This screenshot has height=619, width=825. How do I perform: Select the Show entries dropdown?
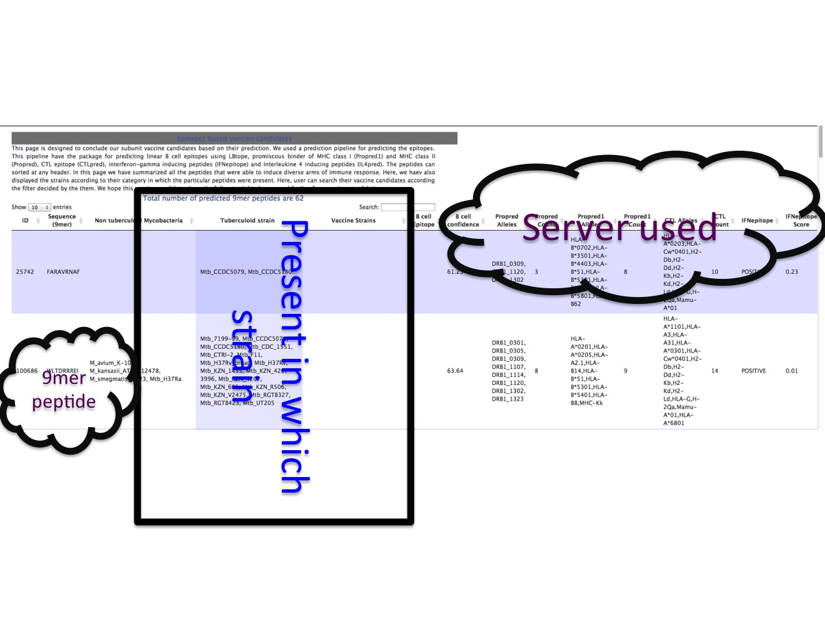coord(39,207)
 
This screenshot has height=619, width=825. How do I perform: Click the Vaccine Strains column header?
coord(353,221)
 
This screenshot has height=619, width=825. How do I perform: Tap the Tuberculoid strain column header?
coord(247,221)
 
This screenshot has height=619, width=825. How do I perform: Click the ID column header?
coord(25,221)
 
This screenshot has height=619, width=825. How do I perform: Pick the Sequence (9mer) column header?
coord(62,220)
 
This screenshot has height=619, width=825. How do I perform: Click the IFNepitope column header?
coord(757,221)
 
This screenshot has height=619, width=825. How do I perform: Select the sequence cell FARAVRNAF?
coord(63,272)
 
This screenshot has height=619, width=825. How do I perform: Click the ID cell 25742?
coord(25,272)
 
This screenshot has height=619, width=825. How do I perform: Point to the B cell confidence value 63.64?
coord(455,371)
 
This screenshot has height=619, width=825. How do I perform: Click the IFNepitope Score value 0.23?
coord(791,272)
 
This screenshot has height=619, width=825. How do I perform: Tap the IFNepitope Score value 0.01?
coord(791,371)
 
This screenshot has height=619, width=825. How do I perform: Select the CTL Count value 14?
coord(714,371)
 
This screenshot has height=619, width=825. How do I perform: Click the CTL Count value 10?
coord(714,272)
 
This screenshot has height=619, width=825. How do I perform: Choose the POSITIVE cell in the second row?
coord(753,371)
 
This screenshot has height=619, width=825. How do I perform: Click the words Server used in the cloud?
coord(619,228)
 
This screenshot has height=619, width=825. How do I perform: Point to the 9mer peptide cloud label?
coord(64,390)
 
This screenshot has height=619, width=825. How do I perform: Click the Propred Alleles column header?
coord(506,221)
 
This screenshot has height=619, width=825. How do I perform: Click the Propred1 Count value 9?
coord(625,371)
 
